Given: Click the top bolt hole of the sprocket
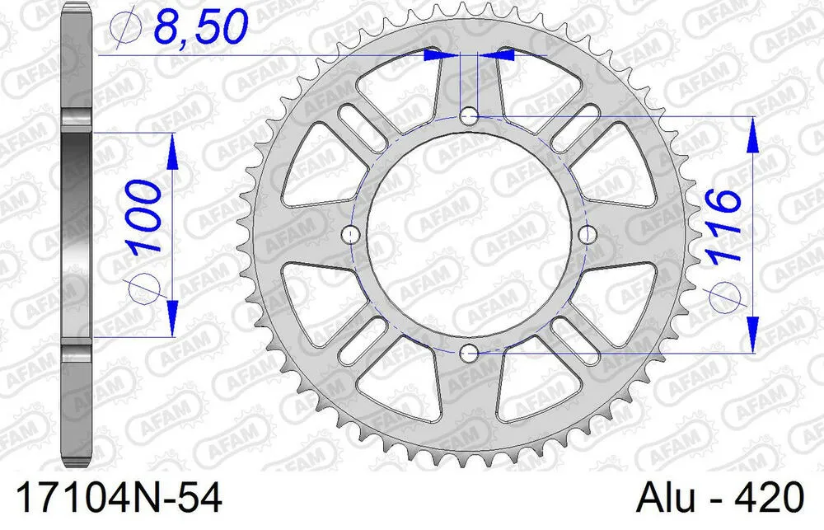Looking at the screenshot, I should coord(469,115).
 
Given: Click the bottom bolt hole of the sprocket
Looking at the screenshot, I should coord(469,354).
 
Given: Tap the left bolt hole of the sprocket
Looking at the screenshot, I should coord(350,235).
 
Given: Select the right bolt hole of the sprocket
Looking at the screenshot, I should coord(588,235).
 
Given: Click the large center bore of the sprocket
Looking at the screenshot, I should coord(469,235).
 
